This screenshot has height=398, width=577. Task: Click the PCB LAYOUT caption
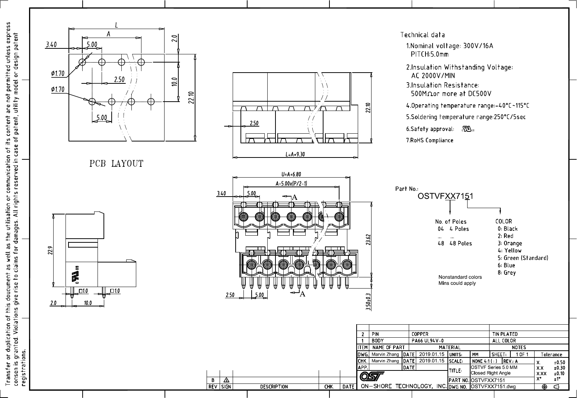pyautogui.click(x=116, y=164)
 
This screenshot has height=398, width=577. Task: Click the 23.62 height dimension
pyautogui.click(x=368, y=239)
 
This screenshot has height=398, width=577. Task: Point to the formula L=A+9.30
pyautogui.click(x=295, y=155)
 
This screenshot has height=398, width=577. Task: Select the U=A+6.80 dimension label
pyautogui.click(x=291, y=174)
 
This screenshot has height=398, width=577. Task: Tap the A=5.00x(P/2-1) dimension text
pyautogui.click(x=291, y=183)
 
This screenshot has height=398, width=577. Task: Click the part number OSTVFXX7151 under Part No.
pyautogui.click(x=445, y=196)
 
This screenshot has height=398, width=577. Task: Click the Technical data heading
pyautogui.click(x=423, y=35)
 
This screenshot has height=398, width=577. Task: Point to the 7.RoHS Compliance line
pyautogui.click(x=430, y=140)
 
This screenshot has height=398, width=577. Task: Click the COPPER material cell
pyautogui.click(x=420, y=334)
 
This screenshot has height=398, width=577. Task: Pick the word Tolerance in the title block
pyautogui.click(x=551, y=354)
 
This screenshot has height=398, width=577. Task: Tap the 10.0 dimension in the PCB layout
pyautogui.click(x=174, y=82)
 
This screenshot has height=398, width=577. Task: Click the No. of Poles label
pyautogui.click(x=450, y=222)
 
